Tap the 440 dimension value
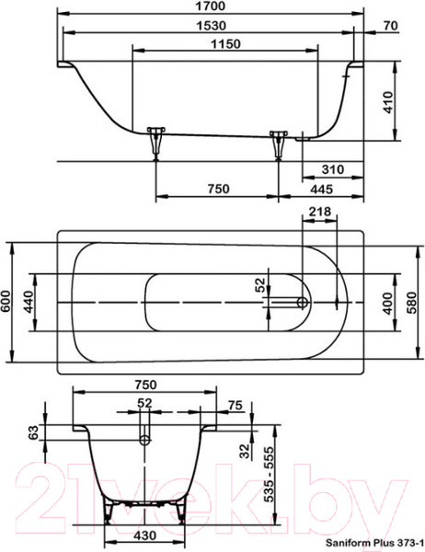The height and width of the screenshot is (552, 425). coord(29,303)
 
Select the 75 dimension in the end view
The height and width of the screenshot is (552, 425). coord(235,405)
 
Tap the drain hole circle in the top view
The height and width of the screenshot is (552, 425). coord(303,301)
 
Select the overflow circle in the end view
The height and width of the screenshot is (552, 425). coord(144,440)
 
